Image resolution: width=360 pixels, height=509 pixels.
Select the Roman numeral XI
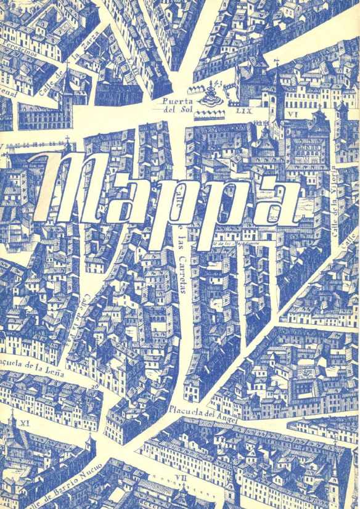(25, 423)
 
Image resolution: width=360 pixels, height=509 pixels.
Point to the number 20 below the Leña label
(94, 386)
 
